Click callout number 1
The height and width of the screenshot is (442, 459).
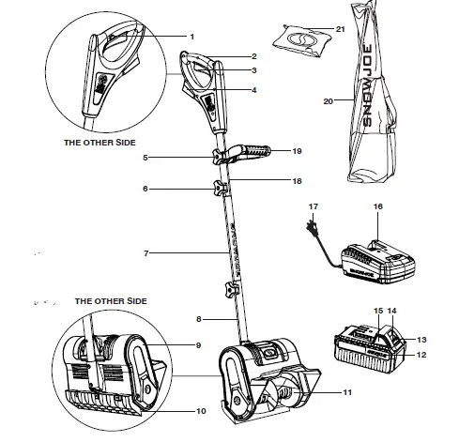pyautogui.click(x=191, y=36)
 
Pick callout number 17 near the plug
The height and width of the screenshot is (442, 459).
pyautogui.click(x=314, y=206)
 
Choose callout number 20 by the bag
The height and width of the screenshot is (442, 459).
pyautogui.click(x=328, y=100)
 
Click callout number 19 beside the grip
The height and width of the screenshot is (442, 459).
pyautogui.click(x=297, y=150)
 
